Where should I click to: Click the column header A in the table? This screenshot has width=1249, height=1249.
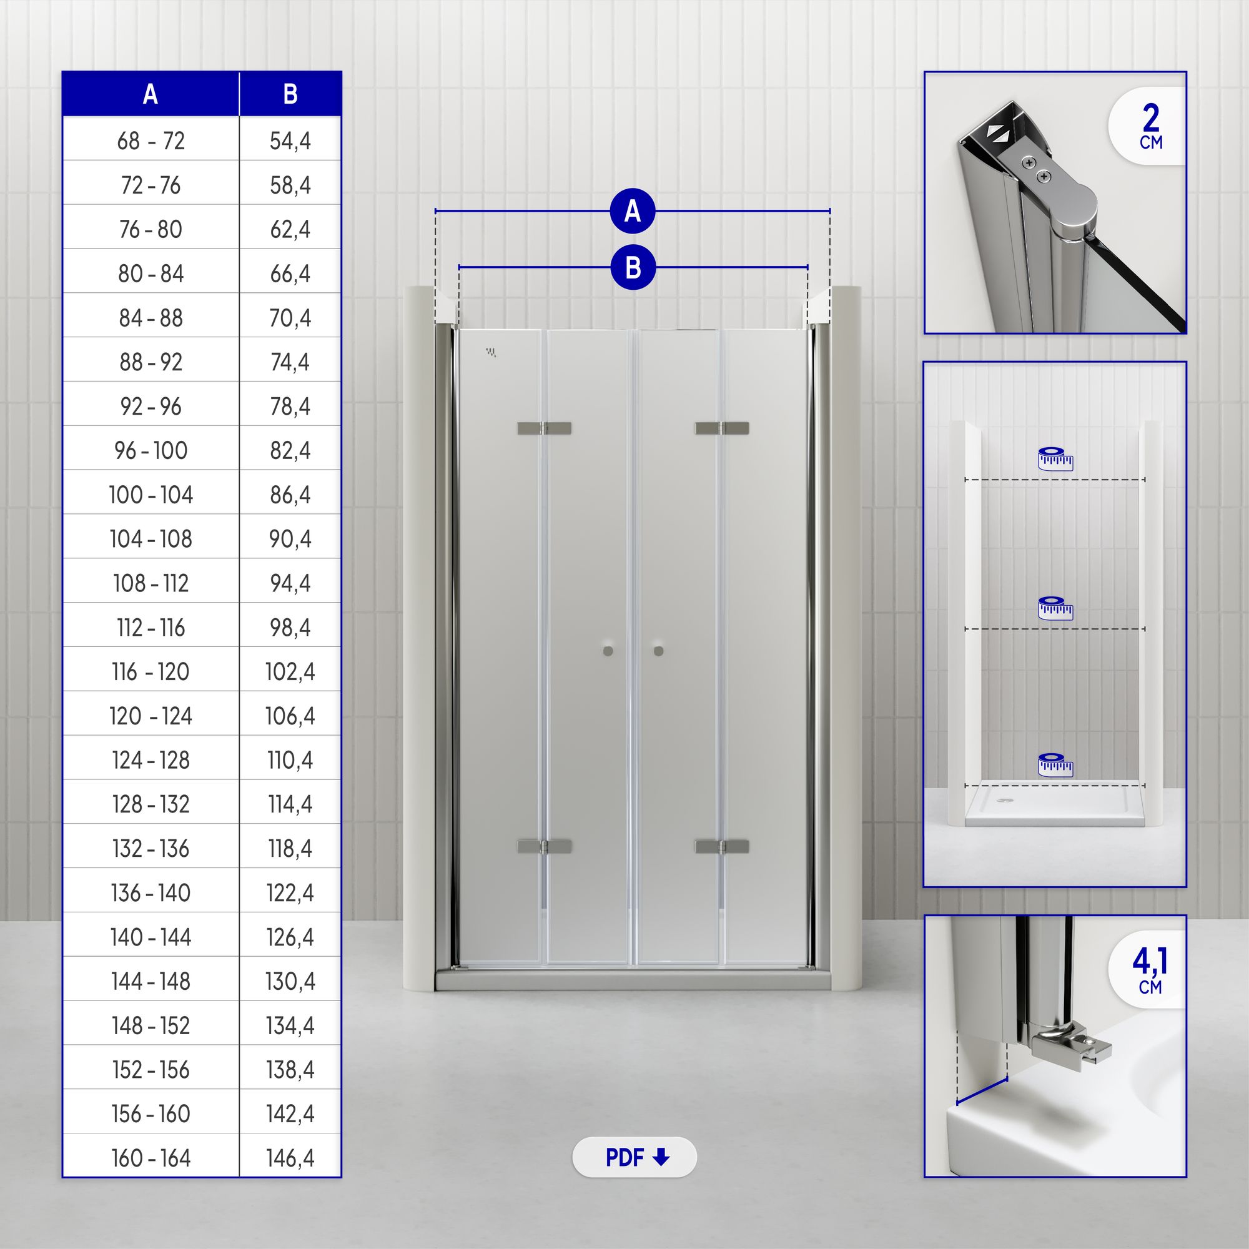151,94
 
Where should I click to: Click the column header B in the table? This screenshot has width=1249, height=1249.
290,94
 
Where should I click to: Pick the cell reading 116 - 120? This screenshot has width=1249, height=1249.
151,672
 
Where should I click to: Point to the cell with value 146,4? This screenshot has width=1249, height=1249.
290,1158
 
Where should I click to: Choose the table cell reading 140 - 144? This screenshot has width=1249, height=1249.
151,937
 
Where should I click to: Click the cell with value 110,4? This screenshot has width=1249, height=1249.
290,760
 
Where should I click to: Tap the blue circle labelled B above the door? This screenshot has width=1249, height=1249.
633,268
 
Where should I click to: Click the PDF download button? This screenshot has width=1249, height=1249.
634,1157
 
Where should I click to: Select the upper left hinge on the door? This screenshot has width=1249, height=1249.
545,428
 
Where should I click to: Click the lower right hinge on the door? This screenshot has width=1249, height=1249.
722,846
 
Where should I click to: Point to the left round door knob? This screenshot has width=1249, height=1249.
608,651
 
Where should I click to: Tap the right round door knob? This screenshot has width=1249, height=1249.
659,651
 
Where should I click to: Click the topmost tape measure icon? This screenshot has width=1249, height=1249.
1055,458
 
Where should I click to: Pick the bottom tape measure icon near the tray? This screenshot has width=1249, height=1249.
1055,765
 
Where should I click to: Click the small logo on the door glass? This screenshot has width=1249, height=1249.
491,352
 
